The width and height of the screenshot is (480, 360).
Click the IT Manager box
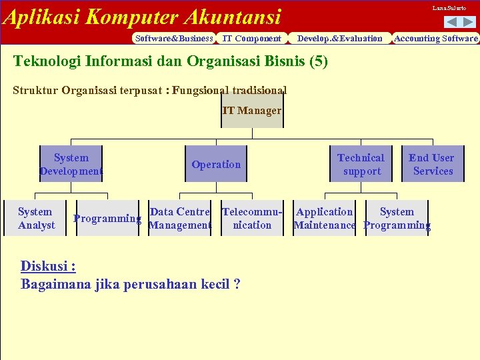252,111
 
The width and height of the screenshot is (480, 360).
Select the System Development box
71,164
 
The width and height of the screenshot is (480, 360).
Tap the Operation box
216,164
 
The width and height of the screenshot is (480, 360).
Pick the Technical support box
361,164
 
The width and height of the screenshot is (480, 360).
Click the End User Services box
432,164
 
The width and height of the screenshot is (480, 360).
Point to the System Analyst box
36,218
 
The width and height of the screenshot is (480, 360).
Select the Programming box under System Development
107,218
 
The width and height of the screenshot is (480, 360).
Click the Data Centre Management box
179,218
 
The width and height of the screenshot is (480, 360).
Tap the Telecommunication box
252,218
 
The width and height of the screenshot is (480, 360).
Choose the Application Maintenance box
325,218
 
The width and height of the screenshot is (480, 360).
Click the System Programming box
397,218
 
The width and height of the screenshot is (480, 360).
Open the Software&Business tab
174,38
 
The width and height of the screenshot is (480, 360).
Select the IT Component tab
251,38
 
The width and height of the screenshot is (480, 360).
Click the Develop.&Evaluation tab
339,38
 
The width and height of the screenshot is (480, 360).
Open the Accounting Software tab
436,38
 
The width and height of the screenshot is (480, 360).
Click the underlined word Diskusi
47,266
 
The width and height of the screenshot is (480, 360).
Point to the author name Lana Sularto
449,8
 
